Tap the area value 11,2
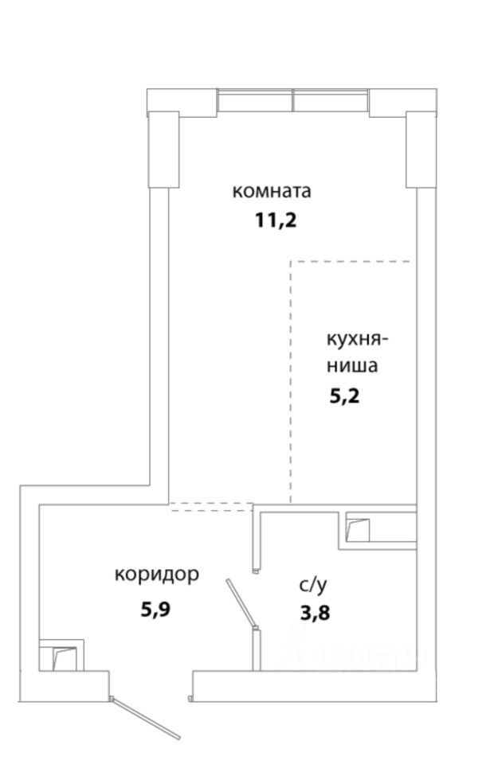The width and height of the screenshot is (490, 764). [x=276, y=220]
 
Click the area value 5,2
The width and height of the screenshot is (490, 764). [x=345, y=396]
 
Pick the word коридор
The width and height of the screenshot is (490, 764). [x=156, y=575]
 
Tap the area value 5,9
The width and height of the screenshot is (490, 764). [x=156, y=610]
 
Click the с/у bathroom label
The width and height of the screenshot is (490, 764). [x=313, y=586]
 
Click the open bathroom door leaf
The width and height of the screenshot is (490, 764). [x=240, y=603]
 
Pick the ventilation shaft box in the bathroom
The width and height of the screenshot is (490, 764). [x=358, y=528]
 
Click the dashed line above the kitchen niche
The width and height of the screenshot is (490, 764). [x=351, y=261]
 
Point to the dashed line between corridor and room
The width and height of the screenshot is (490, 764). [x=211, y=505]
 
